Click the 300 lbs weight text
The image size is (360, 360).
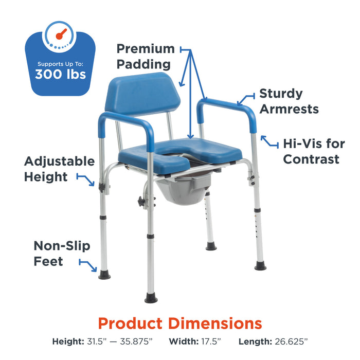(x=60, y=74)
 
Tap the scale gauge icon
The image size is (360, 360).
(x=60, y=37)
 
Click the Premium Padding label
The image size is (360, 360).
(x=146, y=57)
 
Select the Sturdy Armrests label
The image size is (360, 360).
(x=289, y=101)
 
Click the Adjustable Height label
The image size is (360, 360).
(x=59, y=169)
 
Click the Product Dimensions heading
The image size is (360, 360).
(x=180, y=323)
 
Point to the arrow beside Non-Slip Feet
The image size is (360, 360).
(x=88, y=265)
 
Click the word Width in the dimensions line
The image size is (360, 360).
(x=184, y=341)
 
